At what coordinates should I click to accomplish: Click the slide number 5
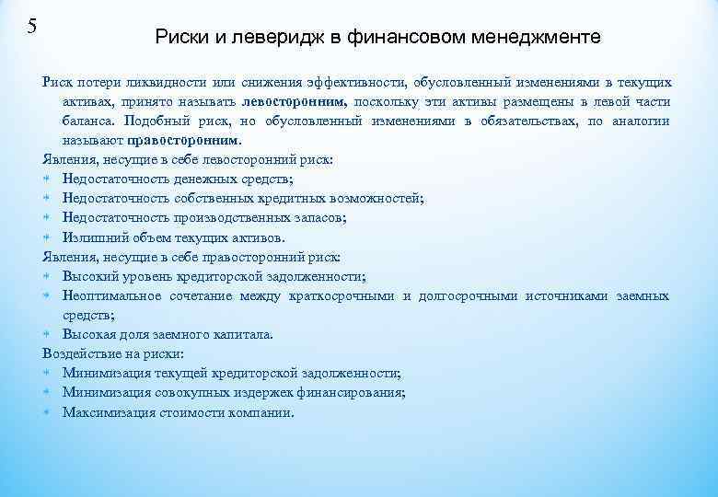[x=32, y=25]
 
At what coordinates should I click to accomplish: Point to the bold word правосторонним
[x=182, y=141]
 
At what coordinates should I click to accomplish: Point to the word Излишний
[x=93, y=237]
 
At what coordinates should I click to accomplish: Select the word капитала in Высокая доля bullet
[x=241, y=334]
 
